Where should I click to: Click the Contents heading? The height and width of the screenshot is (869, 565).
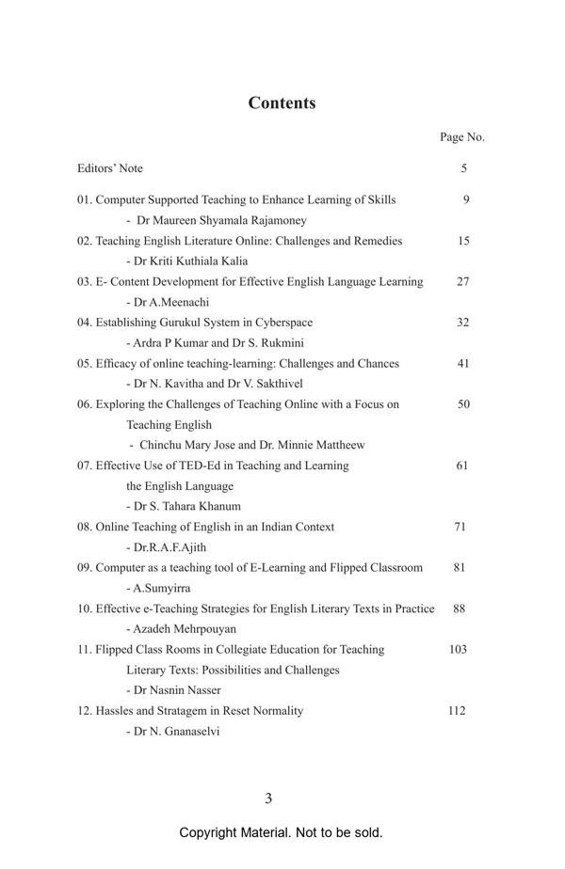click(x=282, y=103)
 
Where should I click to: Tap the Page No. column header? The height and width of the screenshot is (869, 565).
click(x=461, y=137)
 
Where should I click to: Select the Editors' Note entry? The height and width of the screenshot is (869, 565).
click(x=110, y=168)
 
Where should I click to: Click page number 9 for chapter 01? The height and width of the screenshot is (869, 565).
click(x=466, y=199)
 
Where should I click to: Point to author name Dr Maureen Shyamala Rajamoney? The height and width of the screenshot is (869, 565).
click(x=222, y=220)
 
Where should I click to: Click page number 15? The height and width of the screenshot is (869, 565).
click(x=463, y=241)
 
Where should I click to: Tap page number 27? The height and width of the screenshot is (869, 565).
click(x=463, y=281)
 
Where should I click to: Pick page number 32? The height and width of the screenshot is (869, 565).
click(x=462, y=323)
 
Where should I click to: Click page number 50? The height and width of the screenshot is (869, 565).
click(x=463, y=404)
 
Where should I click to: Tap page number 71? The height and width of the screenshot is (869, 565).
click(x=460, y=527)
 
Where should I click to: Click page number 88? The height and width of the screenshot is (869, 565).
click(x=460, y=608)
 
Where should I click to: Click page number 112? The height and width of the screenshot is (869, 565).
click(x=457, y=711)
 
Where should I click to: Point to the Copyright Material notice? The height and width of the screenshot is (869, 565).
click(x=281, y=833)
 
